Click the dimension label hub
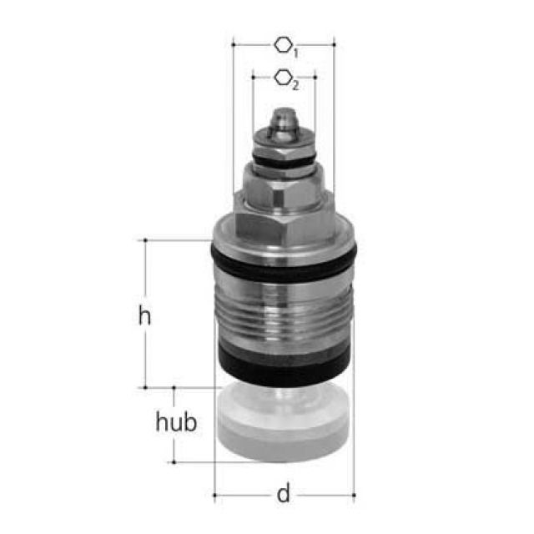click(x=177, y=422)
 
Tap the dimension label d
click(x=284, y=494)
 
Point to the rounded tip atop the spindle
click(x=283, y=114)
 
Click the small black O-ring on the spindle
click(x=284, y=159)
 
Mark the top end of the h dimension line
click(x=145, y=240)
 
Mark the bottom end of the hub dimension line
click(x=174, y=461)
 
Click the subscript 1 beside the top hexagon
click(x=296, y=52)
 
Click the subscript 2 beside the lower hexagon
click(x=295, y=86)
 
